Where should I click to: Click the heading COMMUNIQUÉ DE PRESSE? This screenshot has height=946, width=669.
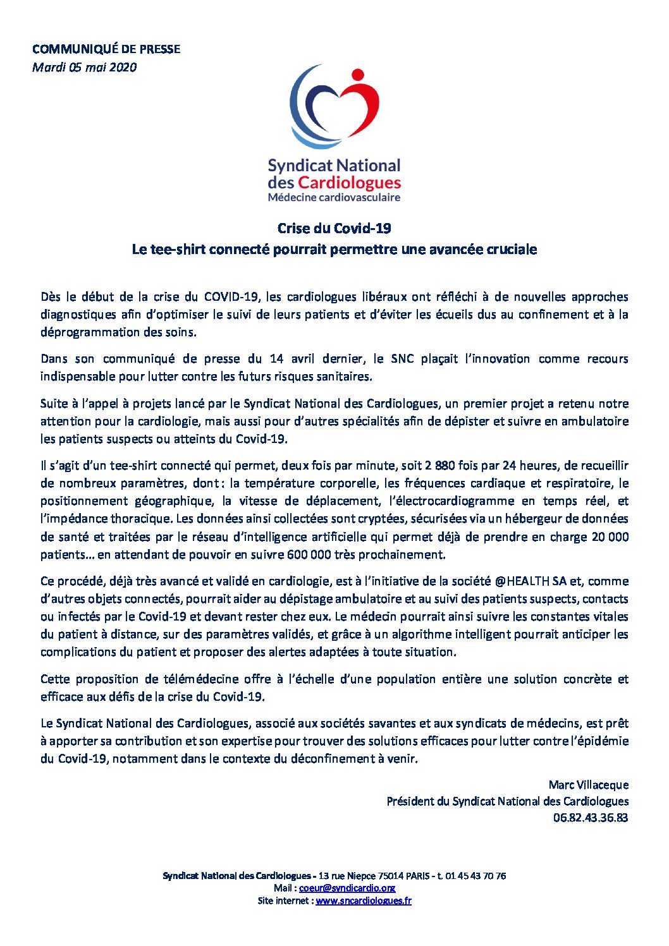106,49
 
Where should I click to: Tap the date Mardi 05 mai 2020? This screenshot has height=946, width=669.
84,68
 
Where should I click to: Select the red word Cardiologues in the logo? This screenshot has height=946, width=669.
349,183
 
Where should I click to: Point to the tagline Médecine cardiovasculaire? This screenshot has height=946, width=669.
334,198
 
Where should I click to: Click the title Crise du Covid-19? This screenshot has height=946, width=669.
334,228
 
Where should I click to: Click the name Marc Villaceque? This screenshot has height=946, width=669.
588,785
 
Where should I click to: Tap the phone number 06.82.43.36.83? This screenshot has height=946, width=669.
590,818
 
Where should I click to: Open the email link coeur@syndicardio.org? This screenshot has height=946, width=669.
347,888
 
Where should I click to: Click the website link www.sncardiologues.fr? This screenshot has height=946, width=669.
363,901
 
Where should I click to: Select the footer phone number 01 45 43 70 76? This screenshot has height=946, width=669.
475,876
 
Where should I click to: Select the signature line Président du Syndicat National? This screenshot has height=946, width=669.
507,801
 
